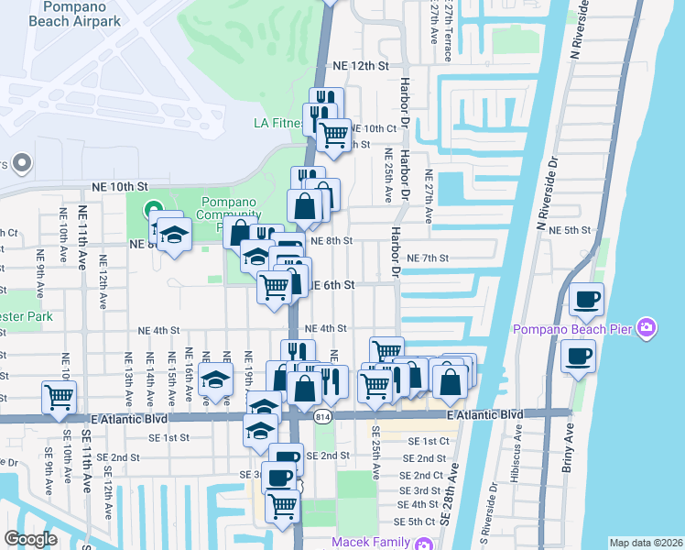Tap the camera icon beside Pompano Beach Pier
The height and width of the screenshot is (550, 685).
647,327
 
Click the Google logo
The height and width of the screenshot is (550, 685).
30,539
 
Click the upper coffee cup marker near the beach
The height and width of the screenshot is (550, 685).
586,299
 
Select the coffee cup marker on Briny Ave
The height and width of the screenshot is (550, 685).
578,356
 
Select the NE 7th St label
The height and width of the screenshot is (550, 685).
428,258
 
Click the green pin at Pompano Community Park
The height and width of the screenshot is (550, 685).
152,208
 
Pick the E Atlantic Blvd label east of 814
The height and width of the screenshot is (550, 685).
485,415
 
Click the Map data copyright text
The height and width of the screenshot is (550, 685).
645,543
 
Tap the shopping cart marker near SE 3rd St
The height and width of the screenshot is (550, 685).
283,505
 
